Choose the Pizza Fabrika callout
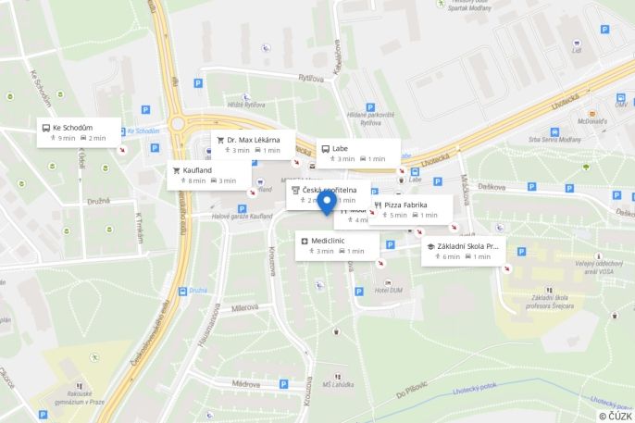coord(411,209)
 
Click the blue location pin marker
coord(326,203)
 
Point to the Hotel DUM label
coord(387,290)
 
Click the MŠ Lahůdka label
coord(339,384)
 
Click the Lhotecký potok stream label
coord(476,390)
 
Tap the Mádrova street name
coord(245,382)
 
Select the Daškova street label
coord(492,186)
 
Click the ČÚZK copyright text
coord(614,416)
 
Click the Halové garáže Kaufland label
coord(242,216)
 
